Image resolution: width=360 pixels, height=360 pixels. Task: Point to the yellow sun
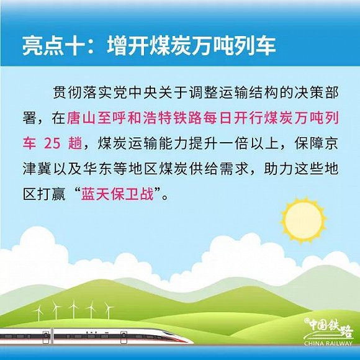pos(302,222)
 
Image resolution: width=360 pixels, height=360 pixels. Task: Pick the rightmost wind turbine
pos(109,307)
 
